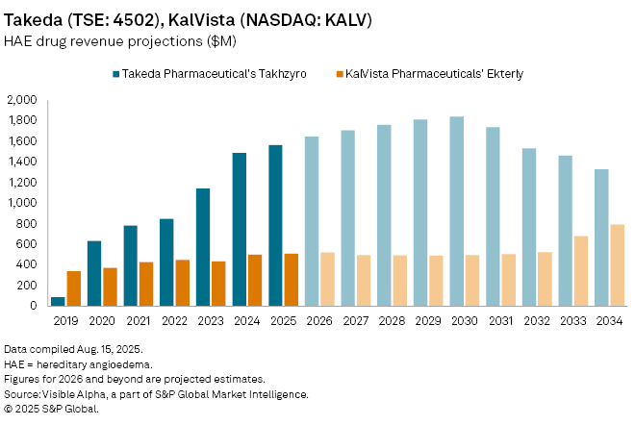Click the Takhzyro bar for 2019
click(x=58, y=301)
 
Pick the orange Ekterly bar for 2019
click(x=74, y=288)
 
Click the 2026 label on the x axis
click(x=320, y=320)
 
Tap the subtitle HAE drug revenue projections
click(x=106, y=41)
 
